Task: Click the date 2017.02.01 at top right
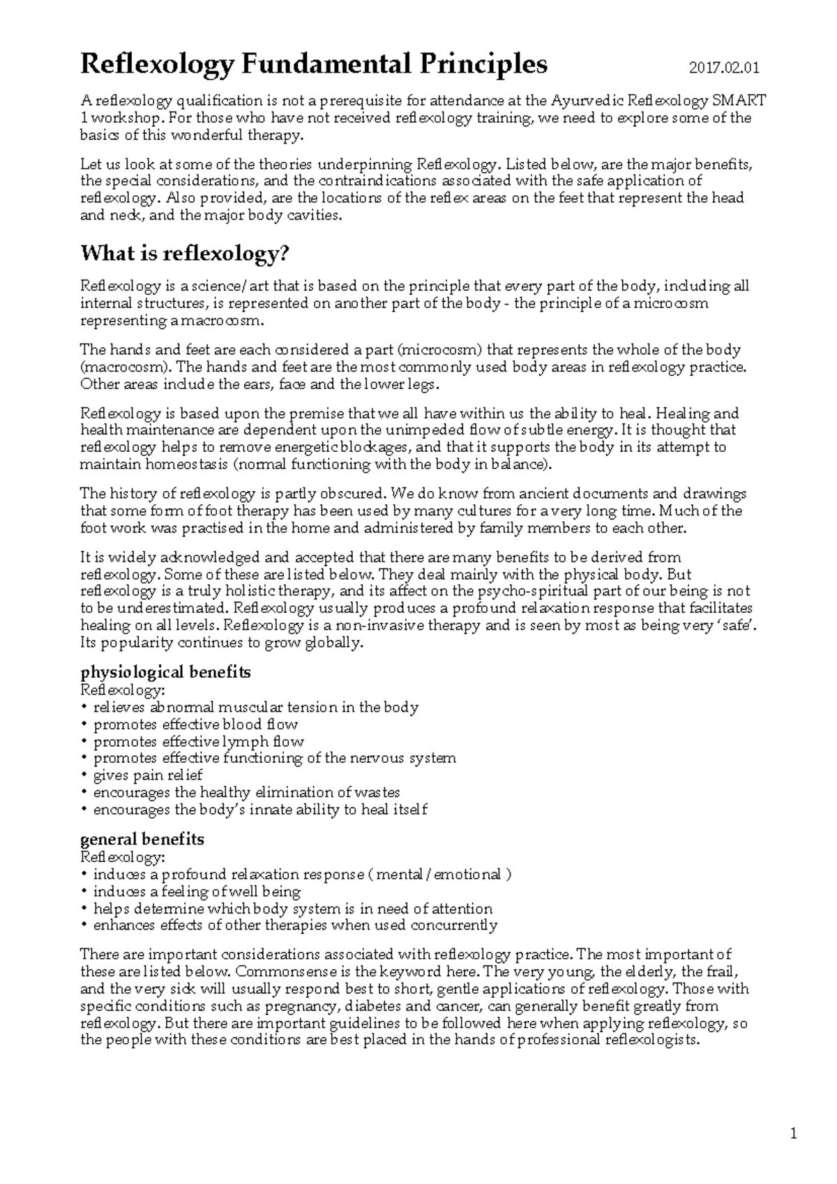pyautogui.click(x=723, y=68)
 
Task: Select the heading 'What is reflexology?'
pyautogui.click(x=184, y=254)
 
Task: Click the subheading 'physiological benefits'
pyautogui.click(x=165, y=673)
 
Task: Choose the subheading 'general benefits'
pyautogui.click(x=142, y=839)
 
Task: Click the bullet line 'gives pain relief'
pyautogui.click(x=148, y=775)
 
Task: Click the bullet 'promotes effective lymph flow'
pyautogui.click(x=199, y=741)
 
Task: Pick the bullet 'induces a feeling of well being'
pyautogui.click(x=197, y=892)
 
